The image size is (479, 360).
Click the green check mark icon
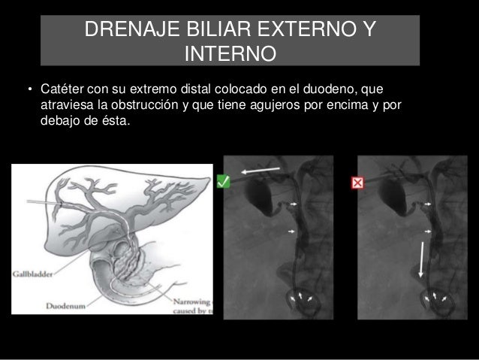pyautogui.click(x=222, y=181)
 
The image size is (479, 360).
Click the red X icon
pyautogui.click(x=358, y=183)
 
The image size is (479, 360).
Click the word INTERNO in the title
pyautogui.click(x=232, y=54)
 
